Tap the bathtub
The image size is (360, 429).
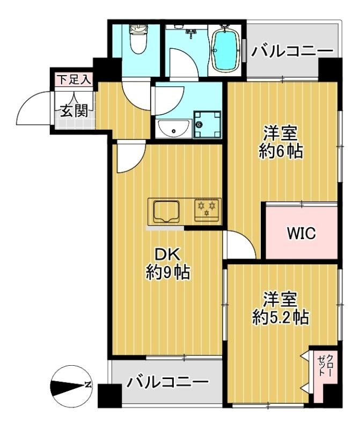(225, 50)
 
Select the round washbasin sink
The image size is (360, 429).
(173, 129)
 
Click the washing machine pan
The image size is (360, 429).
(207, 124)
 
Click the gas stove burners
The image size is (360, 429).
(207, 209)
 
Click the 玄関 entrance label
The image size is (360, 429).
(73, 111)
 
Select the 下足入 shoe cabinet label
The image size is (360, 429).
(74, 80)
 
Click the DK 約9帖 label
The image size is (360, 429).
(167, 263)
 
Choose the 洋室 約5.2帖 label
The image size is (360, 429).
(280, 307)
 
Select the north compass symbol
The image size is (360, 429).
(71, 384)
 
